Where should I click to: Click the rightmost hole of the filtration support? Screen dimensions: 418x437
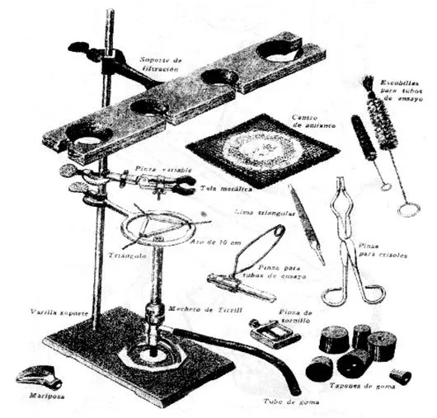(280, 50)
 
